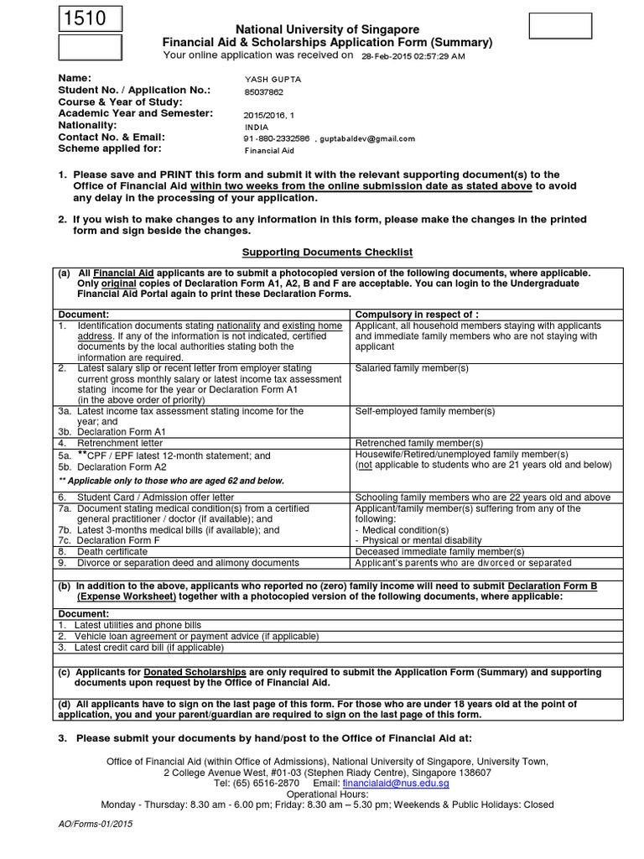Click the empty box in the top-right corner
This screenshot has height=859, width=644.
[x=560, y=27]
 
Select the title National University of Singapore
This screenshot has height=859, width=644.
[x=326, y=29]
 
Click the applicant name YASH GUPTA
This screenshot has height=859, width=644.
[x=272, y=79]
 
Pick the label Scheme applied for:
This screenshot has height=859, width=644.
[x=109, y=148]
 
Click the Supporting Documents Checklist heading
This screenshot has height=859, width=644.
[x=327, y=252]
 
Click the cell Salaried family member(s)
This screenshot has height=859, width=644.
[x=412, y=368]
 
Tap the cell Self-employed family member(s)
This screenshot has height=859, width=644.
[x=425, y=411]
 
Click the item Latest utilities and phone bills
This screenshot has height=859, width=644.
[x=138, y=626]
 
